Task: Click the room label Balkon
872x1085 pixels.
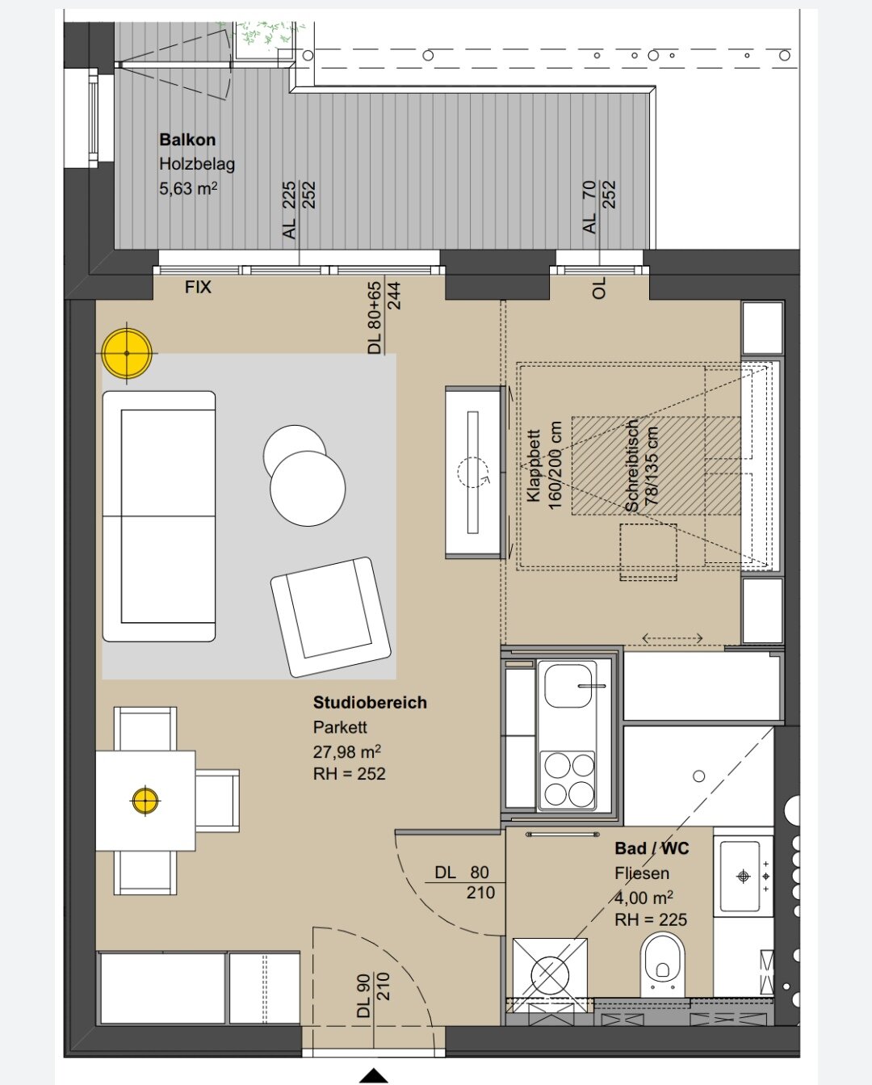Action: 187,140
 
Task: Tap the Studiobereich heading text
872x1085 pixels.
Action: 370,702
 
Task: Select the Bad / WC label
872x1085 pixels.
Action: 652,848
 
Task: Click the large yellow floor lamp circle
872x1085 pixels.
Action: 127,353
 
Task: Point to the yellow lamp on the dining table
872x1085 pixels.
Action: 145,800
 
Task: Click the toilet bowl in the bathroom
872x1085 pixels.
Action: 662,964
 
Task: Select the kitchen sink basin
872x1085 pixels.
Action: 568,685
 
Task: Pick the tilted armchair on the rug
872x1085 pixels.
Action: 331,616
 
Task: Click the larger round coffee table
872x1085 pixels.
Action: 308,489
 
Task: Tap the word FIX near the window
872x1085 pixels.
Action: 198,288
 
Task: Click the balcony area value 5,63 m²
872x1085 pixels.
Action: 188,188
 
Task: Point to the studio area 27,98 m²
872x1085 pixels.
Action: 347,751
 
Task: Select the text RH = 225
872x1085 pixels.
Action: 651,919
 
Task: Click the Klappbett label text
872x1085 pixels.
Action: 533,465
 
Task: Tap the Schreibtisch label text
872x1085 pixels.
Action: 631,465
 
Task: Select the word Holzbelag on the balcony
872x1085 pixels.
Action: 197,164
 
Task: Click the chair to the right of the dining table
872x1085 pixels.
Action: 217,800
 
